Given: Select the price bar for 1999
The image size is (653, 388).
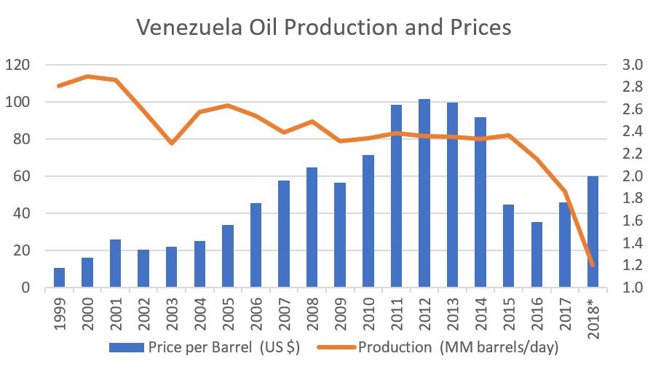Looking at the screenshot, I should click(x=59, y=278).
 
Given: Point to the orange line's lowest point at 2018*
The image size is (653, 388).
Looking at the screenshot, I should click(x=593, y=265).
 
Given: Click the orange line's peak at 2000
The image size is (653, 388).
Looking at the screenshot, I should click(x=87, y=76).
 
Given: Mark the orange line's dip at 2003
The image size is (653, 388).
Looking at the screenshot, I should click(x=172, y=143).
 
